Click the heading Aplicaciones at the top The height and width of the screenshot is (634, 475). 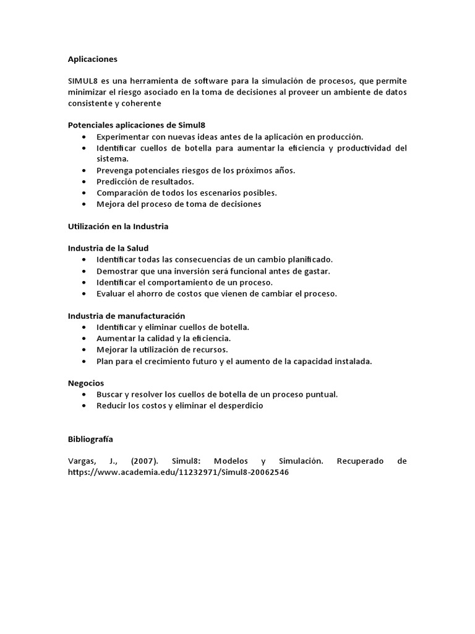(92, 59)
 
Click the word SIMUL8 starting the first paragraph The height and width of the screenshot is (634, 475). (83, 82)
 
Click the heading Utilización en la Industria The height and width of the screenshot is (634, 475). (118, 227)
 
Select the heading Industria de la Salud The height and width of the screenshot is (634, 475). (108, 248)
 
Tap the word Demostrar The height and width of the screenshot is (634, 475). (117, 271)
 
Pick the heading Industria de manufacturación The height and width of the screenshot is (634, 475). (126, 316)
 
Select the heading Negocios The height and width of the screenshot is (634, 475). (86, 383)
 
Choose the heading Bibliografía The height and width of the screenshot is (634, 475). (90, 439)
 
